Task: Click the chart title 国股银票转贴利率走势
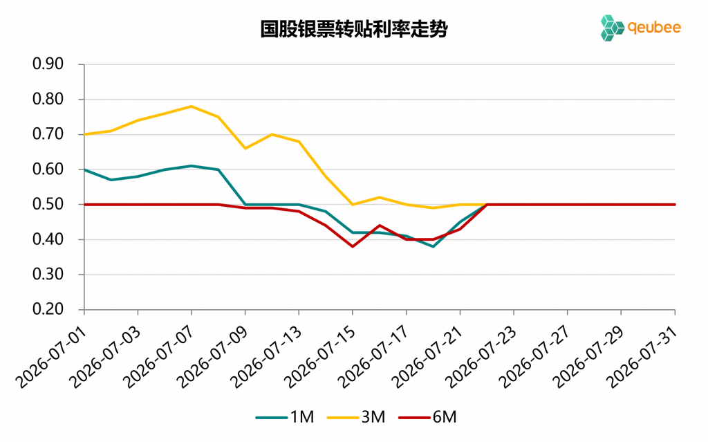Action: (x=354, y=29)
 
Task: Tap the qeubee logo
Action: (x=640, y=28)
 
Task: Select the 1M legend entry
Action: (x=285, y=416)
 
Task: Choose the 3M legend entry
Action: (x=356, y=416)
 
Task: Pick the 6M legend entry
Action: (x=427, y=416)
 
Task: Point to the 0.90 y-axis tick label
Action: (x=48, y=64)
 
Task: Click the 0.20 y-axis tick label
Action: (x=48, y=309)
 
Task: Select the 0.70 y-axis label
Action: (x=48, y=133)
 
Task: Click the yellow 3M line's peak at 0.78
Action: (x=192, y=107)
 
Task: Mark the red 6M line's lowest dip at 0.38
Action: (x=353, y=246)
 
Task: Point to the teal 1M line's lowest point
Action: (x=433, y=246)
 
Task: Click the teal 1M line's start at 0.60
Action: (x=85, y=169)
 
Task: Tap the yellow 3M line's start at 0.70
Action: (x=85, y=134)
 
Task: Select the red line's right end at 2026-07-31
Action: (x=675, y=204)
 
